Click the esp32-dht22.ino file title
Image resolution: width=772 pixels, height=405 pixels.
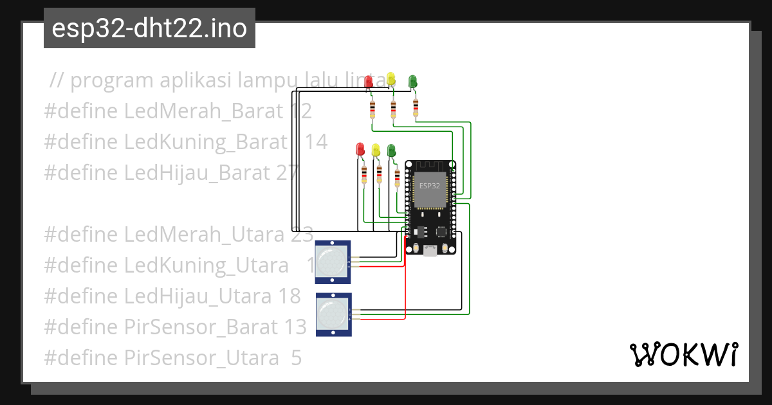click(149, 28)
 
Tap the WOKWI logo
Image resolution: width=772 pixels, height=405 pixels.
click(683, 355)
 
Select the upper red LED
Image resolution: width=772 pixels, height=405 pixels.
click(369, 82)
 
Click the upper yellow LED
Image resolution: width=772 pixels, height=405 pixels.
click(391, 79)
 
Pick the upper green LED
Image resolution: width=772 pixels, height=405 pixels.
click(412, 80)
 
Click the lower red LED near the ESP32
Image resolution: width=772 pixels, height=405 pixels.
click(360, 149)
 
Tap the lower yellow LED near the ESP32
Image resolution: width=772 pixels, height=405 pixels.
click(376, 150)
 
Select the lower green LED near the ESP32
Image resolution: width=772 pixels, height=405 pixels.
click(391, 151)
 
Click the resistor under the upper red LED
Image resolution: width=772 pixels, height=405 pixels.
click(372, 109)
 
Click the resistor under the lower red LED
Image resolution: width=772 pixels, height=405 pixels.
click(364, 173)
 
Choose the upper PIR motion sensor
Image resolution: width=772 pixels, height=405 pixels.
click(333, 262)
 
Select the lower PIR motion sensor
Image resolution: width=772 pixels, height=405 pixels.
click(334, 314)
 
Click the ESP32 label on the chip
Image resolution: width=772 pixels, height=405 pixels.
click(430, 186)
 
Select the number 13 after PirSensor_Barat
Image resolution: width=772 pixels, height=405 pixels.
click(295, 327)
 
